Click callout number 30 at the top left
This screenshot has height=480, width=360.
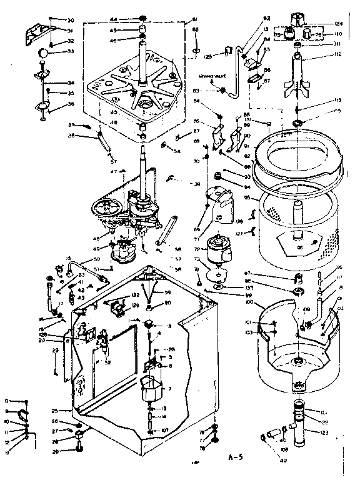point(70,19)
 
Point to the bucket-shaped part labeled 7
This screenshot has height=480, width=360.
point(150,392)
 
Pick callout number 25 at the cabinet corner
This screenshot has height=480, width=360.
point(54,411)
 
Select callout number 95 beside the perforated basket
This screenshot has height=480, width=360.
point(247,197)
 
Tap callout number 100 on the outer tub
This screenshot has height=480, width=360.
point(249,302)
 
